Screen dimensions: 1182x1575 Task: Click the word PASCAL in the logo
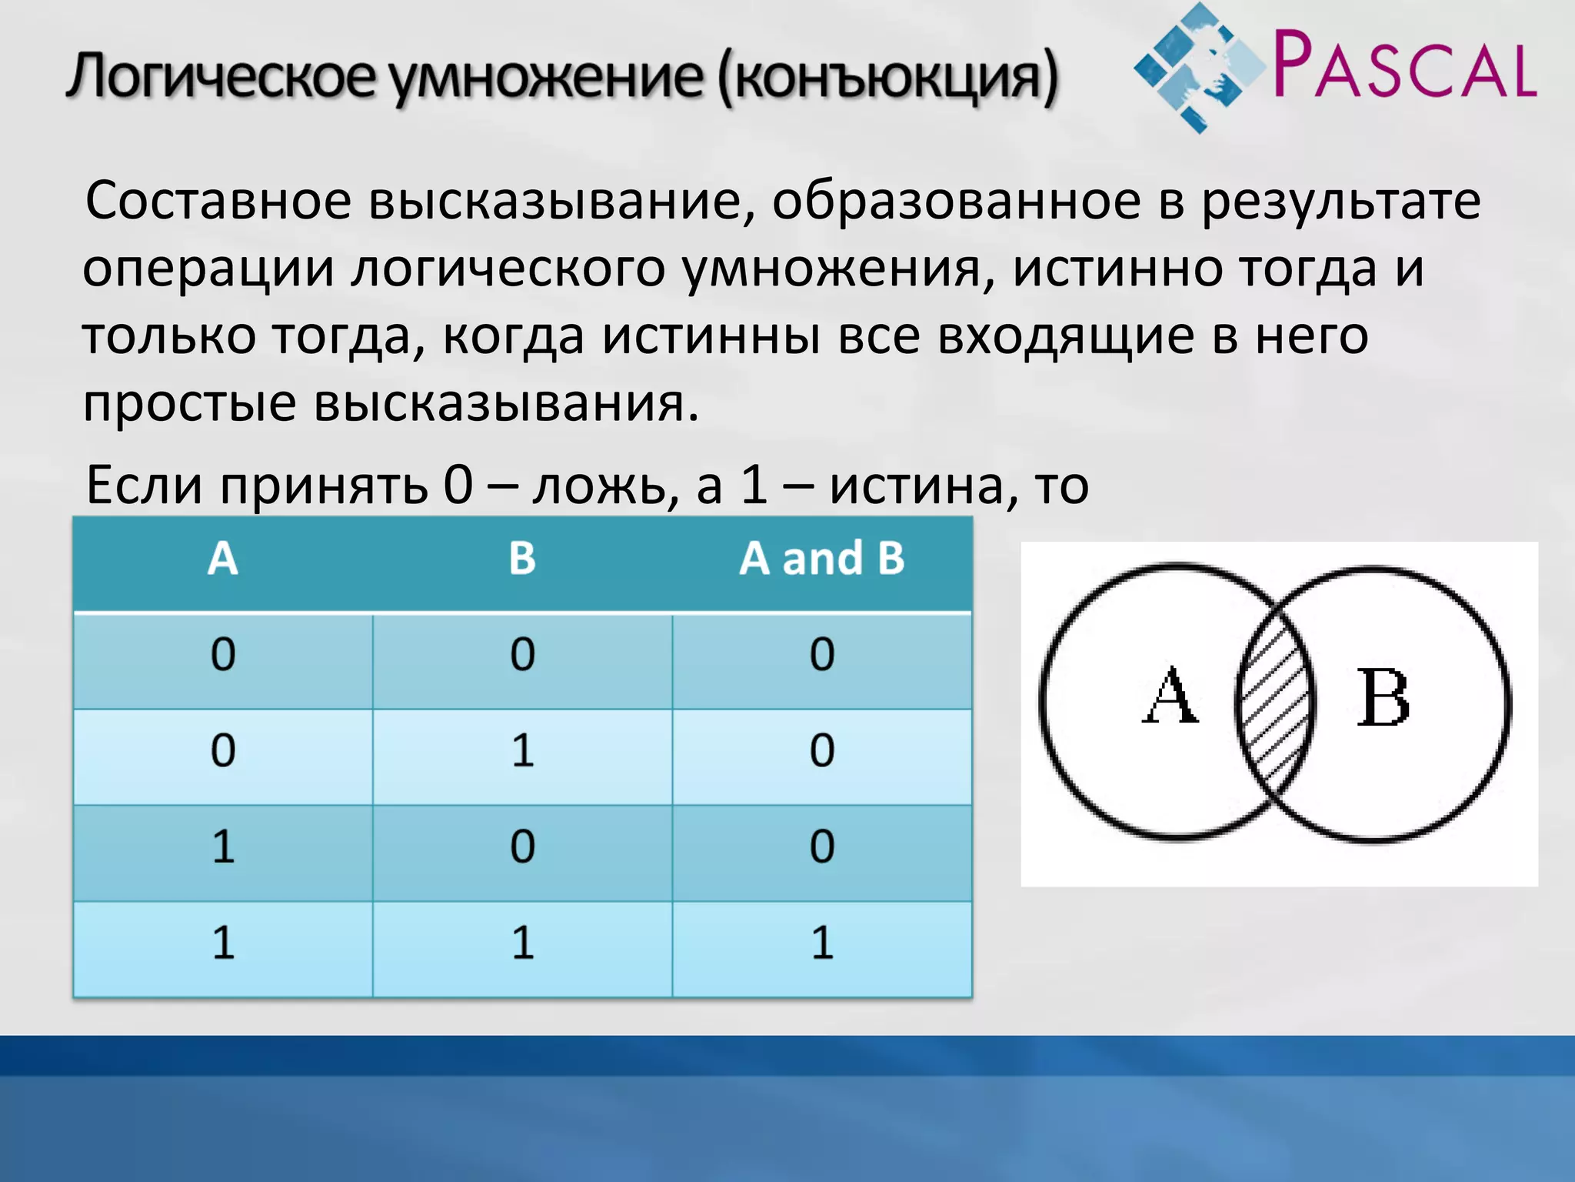click(1404, 65)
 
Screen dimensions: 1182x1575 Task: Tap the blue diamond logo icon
click(1198, 68)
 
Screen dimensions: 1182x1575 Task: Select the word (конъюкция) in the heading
click(888, 77)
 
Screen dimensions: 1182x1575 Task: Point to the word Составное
click(218, 202)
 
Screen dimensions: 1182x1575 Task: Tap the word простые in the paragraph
click(189, 403)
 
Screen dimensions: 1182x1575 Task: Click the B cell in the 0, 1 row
click(522, 750)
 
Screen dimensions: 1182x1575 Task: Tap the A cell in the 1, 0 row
click(223, 846)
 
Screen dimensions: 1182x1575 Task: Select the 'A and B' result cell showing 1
click(821, 943)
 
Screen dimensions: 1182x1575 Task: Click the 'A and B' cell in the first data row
click(821, 654)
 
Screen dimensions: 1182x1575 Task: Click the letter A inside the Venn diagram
click(1169, 696)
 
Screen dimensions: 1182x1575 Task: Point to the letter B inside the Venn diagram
click(1382, 699)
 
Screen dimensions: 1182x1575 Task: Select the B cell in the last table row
click(522, 943)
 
